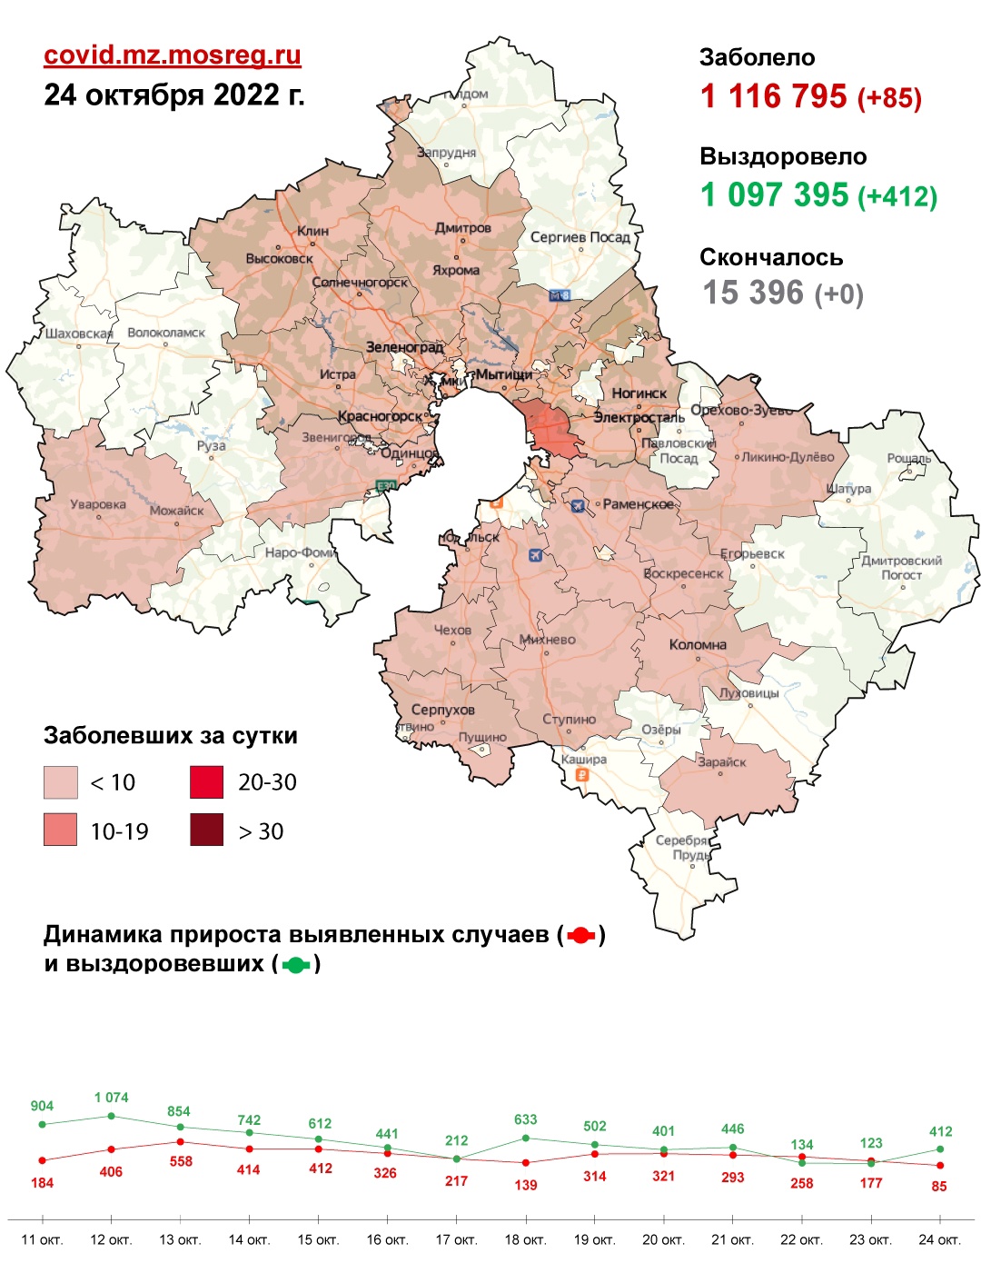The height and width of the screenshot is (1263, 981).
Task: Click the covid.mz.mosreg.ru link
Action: tap(172, 55)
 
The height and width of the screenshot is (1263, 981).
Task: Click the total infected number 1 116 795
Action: tap(773, 96)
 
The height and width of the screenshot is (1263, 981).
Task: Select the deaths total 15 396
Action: tap(753, 293)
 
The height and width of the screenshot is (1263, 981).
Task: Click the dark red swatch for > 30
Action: tap(206, 830)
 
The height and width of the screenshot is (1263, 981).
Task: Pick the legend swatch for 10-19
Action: tap(60, 830)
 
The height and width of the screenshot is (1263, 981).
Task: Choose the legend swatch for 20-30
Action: tap(206, 782)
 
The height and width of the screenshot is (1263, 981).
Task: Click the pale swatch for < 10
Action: tap(60, 782)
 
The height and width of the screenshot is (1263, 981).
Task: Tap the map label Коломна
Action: tap(698, 645)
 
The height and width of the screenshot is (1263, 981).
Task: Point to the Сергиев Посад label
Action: tap(580, 237)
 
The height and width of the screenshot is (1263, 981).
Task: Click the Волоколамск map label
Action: tap(166, 333)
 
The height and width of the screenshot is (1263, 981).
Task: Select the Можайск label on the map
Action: tap(177, 511)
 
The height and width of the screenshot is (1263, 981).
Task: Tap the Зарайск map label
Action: tap(722, 762)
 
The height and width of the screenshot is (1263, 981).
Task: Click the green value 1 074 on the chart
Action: tap(111, 1098)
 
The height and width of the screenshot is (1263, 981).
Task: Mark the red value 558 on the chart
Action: tap(181, 1161)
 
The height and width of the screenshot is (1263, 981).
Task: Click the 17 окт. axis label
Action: tap(456, 1239)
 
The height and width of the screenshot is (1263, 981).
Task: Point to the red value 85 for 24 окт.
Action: tap(939, 1186)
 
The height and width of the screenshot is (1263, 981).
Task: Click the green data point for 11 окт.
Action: tap(42, 1124)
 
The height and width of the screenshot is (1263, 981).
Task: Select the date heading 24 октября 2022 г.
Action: tap(174, 94)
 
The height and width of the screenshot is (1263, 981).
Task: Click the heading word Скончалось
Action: tap(771, 258)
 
